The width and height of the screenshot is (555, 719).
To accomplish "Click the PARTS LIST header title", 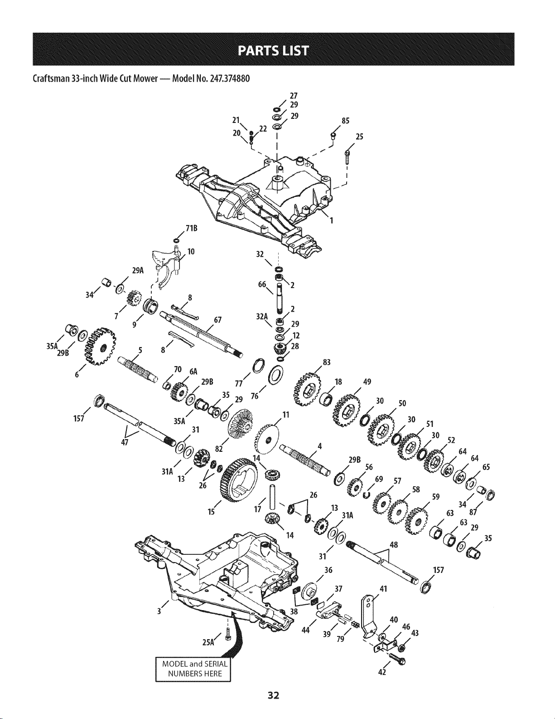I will pyautogui.click(x=277, y=49).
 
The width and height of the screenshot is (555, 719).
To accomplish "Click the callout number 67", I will pyautogui.click(x=217, y=320).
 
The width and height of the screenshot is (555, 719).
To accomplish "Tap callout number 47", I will pyautogui.click(x=123, y=441).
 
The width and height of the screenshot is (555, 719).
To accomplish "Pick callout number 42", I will pyautogui.click(x=381, y=672).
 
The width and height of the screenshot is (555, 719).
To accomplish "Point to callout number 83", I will pyautogui.click(x=326, y=362).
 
